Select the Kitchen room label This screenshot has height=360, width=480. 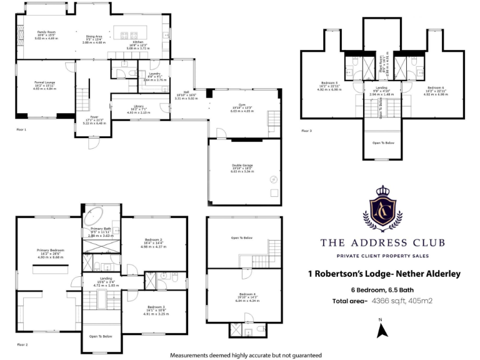(x=137, y=42)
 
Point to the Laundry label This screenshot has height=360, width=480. (x=155, y=74)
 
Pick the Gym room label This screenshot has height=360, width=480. (x=241, y=106)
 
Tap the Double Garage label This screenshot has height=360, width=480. (x=241, y=165)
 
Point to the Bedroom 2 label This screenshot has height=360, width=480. (x=153, y=240)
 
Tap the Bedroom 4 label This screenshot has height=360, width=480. (x=247, y=294)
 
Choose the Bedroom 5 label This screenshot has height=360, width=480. (x=329, y=82)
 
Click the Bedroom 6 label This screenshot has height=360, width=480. (x=436, y=87)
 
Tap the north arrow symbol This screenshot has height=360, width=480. (x=379, y=326)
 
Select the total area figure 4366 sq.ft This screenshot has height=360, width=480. (x=387, y=301)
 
